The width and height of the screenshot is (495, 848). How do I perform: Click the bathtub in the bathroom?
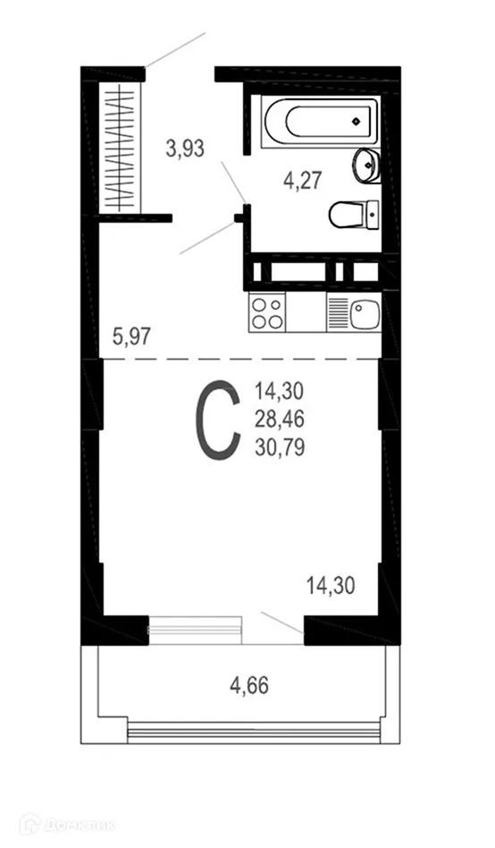(319, 119)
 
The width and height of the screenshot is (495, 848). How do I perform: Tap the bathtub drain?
(356, 119)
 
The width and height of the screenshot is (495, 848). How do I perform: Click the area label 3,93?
(185, 149)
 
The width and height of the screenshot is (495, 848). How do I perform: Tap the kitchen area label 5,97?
(131, 337)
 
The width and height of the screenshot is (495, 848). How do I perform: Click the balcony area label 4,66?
(249, 687)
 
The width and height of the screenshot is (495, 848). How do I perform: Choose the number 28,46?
(280, 419)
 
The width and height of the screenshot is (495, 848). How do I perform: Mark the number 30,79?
(280, 447)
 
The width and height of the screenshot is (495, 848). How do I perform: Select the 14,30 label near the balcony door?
(331, 587)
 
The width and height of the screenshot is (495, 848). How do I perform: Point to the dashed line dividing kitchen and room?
(241, 359)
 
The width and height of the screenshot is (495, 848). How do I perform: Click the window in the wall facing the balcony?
(195, 630)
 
